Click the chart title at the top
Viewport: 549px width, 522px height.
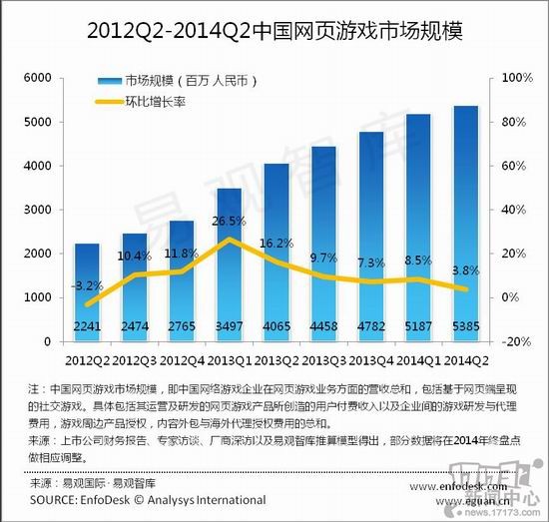274,28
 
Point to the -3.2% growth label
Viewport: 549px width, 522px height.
87,284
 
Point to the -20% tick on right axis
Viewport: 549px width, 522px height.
512,341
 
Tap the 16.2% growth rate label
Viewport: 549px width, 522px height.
276,243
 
